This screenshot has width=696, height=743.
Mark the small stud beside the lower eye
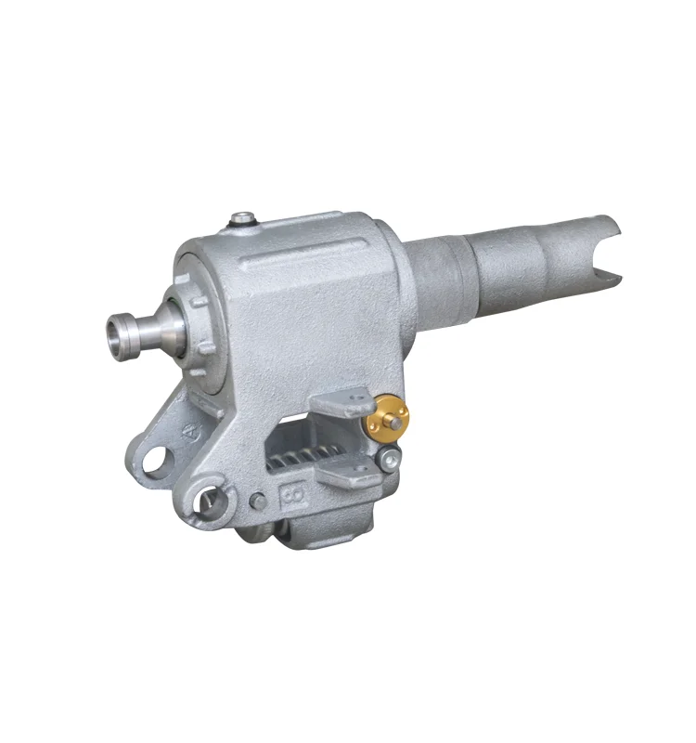click(254, 502)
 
